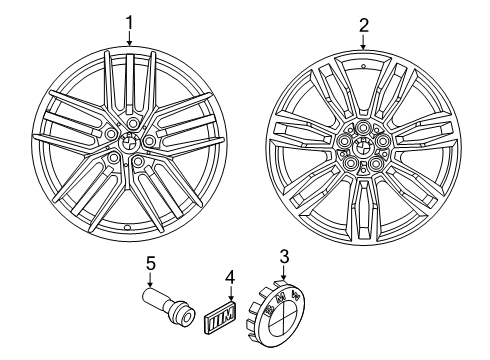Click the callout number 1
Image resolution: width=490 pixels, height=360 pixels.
[129, 24]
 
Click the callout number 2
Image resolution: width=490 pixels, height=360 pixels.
[364, 25]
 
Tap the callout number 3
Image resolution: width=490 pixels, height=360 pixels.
[284, 257]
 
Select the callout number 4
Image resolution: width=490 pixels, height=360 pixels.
[230, 277]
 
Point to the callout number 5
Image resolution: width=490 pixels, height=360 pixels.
[151, 264]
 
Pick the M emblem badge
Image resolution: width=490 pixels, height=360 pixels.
[219, 315]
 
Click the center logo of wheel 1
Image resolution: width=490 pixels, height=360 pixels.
[129, 142]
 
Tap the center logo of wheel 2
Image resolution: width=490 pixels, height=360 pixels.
[363, 146]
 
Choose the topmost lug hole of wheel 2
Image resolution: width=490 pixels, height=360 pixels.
[363, 126]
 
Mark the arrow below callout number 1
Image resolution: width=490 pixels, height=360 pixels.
[129, 38]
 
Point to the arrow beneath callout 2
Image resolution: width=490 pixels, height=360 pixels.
[364, 42]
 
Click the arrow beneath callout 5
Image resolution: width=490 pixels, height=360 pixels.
[150, 280]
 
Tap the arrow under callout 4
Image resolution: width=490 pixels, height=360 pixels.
[231, 293]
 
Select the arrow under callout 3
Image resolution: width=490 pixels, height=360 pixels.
[284, 273]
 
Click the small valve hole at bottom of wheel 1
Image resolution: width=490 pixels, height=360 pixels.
[127, 227]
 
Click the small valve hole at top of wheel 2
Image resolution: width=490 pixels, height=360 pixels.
[363, 65]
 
